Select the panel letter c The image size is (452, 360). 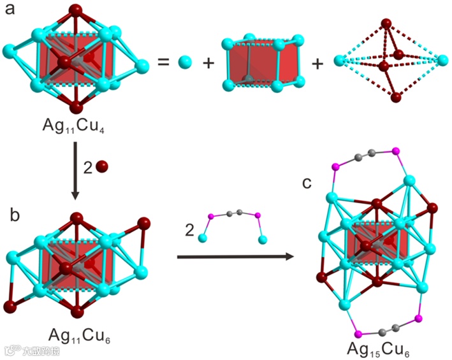(x=307, y=184)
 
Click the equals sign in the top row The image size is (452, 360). (x=163, y=62)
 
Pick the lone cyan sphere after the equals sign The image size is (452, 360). (x=185, y=62)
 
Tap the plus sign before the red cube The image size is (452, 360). (x=208, y=62)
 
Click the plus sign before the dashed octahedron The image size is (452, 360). (x=317, y=62)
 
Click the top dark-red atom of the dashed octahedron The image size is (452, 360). (x=386, y=25)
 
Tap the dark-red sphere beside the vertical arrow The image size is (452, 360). (x=102, y=168)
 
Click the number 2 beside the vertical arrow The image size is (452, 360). (x=88, y=168)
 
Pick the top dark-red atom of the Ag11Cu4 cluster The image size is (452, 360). (x=76, y=11)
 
